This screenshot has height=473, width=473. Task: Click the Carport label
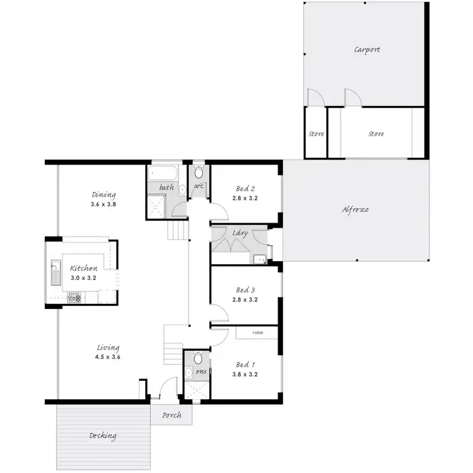point(366,50)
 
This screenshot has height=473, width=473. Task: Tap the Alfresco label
point(355,210)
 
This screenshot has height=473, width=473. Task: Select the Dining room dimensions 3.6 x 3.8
point(103,204)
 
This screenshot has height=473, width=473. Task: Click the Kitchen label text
point(83,268)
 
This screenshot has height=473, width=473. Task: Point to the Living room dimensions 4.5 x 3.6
point(108,357)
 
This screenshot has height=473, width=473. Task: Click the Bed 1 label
point(245,365)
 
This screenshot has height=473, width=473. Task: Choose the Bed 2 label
point(245,189)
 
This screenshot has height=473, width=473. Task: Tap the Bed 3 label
point(245,290)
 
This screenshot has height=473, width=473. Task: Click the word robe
point(257,332)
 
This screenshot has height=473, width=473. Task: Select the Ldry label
point(240,233)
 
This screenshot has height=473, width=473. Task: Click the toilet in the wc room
point(198,172)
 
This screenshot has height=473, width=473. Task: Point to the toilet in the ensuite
point(197,359)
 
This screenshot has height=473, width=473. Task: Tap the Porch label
point(172,415)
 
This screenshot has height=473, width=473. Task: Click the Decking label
point(102,436)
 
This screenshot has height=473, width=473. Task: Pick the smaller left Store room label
point(315,134)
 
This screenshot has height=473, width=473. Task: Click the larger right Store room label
point(376,134)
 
